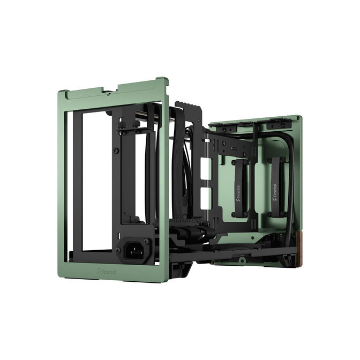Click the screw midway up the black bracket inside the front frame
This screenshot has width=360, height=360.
click(x=115, y=151)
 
